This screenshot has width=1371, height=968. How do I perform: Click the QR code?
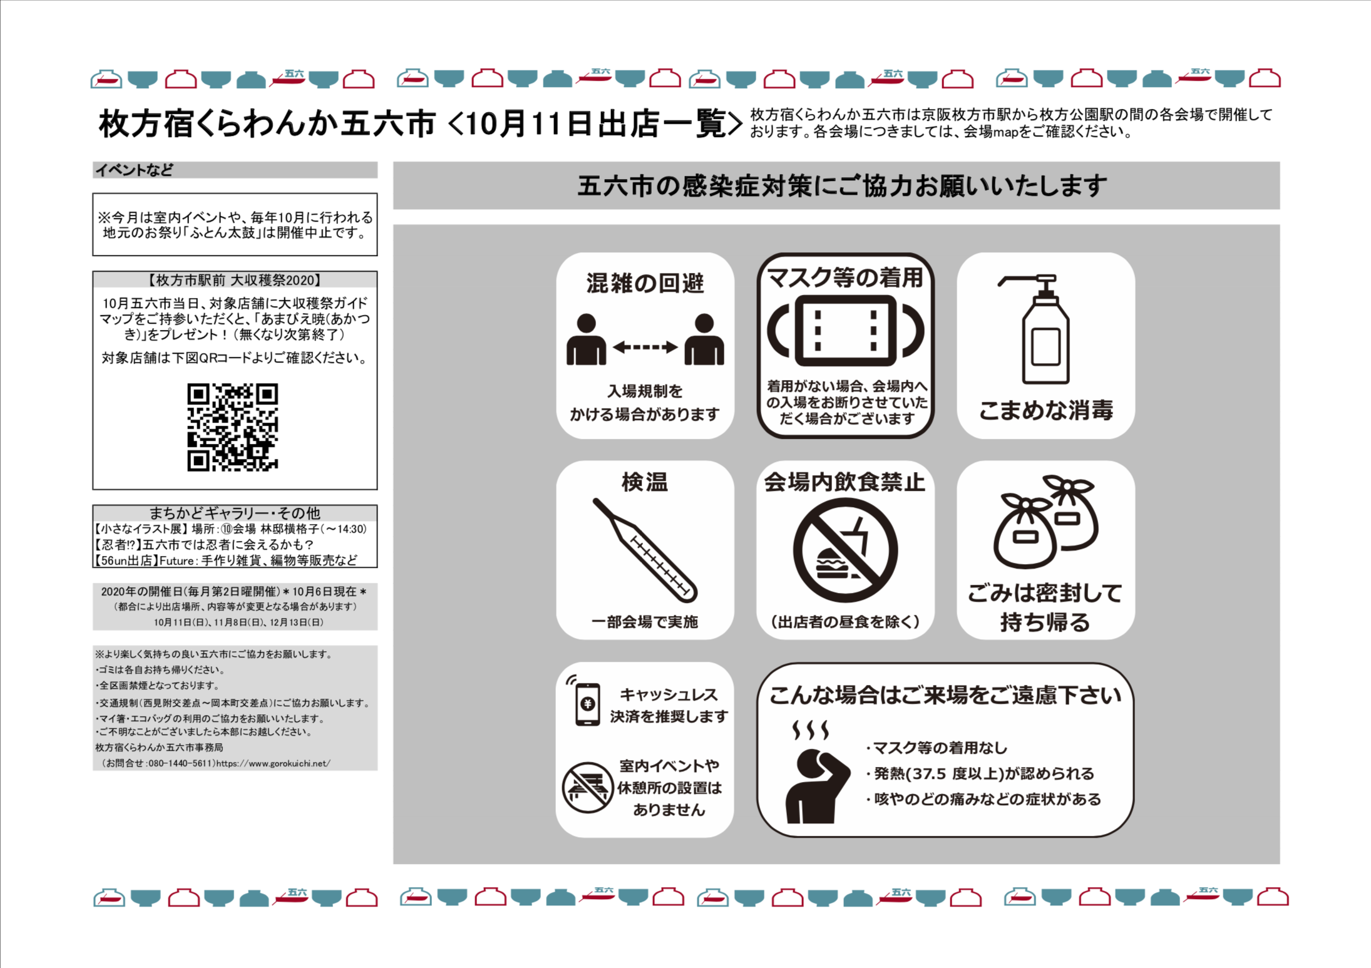tap(232, 427)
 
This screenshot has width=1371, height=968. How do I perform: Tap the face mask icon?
tap(845, 330)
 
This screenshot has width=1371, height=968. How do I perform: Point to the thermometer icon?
tap(645, 550)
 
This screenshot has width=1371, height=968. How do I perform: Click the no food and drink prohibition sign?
tap(845, 550)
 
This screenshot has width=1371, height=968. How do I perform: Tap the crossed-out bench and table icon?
tap(587, 787)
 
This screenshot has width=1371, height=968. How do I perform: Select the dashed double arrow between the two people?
tap(645, 347)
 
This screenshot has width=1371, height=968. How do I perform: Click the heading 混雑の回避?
tap(645, 283)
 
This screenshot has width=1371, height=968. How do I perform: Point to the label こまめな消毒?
tap(1045, 410)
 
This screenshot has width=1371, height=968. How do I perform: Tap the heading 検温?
tap(645, 482)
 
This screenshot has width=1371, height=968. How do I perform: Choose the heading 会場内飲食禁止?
tap(845, 482)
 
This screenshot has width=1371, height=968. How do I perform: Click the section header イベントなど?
tap(134, 170)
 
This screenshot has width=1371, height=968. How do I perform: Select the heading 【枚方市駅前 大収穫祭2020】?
tap(235, 280)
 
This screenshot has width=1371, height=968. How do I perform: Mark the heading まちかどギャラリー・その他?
tap(235, 513)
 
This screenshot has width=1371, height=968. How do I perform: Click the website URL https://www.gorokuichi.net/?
tap(274, 763)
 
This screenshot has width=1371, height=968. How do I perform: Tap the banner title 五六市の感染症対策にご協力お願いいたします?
tap(842, 186)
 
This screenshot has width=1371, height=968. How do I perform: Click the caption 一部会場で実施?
tap(645, 622)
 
